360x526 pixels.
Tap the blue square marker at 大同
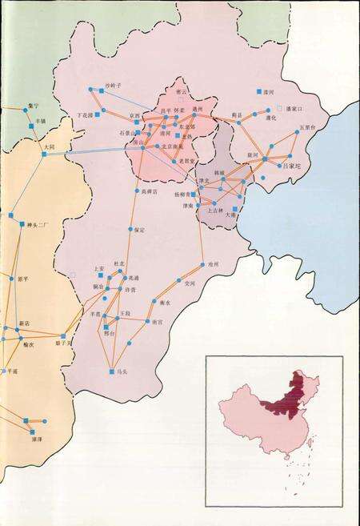tap(44, 154)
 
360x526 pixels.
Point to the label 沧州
tap(213, 263)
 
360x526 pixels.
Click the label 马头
tap(122, 371)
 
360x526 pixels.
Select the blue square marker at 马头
tap(111, 371)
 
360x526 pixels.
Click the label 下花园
tap(83, 115)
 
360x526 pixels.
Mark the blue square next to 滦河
tap(258, 92)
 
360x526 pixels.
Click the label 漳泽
tap(36, 440)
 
